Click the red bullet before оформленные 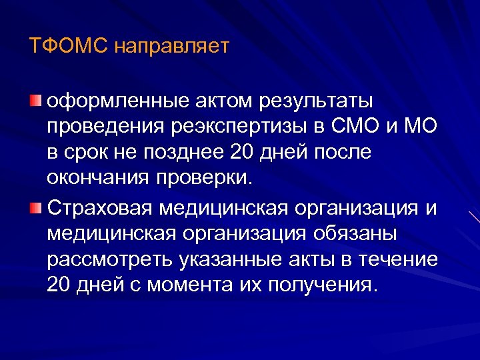[35, 101]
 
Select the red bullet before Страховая [35, 208]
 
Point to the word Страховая [99, 208]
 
